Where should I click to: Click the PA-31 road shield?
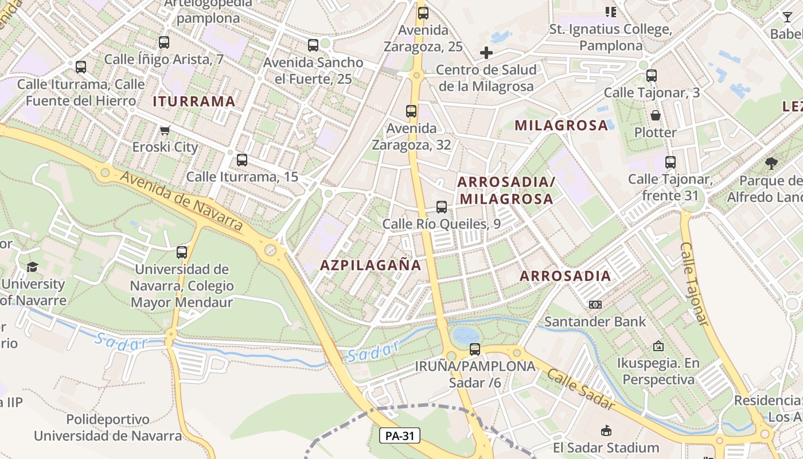tap(400, 436)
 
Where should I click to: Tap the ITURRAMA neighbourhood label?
tap(194, 102)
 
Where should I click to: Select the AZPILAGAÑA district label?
tap(371, 265)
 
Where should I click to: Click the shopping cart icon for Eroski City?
tap(165, 131)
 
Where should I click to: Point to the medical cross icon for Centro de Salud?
tap(486, 53)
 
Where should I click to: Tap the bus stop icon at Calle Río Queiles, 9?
tap(441, 207)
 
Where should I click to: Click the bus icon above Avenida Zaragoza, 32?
tap(411, 111)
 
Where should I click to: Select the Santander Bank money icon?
tap(595, 305)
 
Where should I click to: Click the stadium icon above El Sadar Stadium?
tap(606, 430)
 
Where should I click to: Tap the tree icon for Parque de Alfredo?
tap(771, 164)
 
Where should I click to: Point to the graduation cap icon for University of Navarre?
tap(32, 267)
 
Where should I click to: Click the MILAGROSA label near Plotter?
tap(561, 125)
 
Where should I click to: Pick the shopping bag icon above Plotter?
tap(656, 115)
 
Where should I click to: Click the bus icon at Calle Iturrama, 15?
tap(242, 160)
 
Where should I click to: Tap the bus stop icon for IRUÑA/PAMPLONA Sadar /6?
tap(475, 349)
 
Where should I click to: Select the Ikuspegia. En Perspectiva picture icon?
tap(658, 346)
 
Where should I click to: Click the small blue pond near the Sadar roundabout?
tap(465, 334)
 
